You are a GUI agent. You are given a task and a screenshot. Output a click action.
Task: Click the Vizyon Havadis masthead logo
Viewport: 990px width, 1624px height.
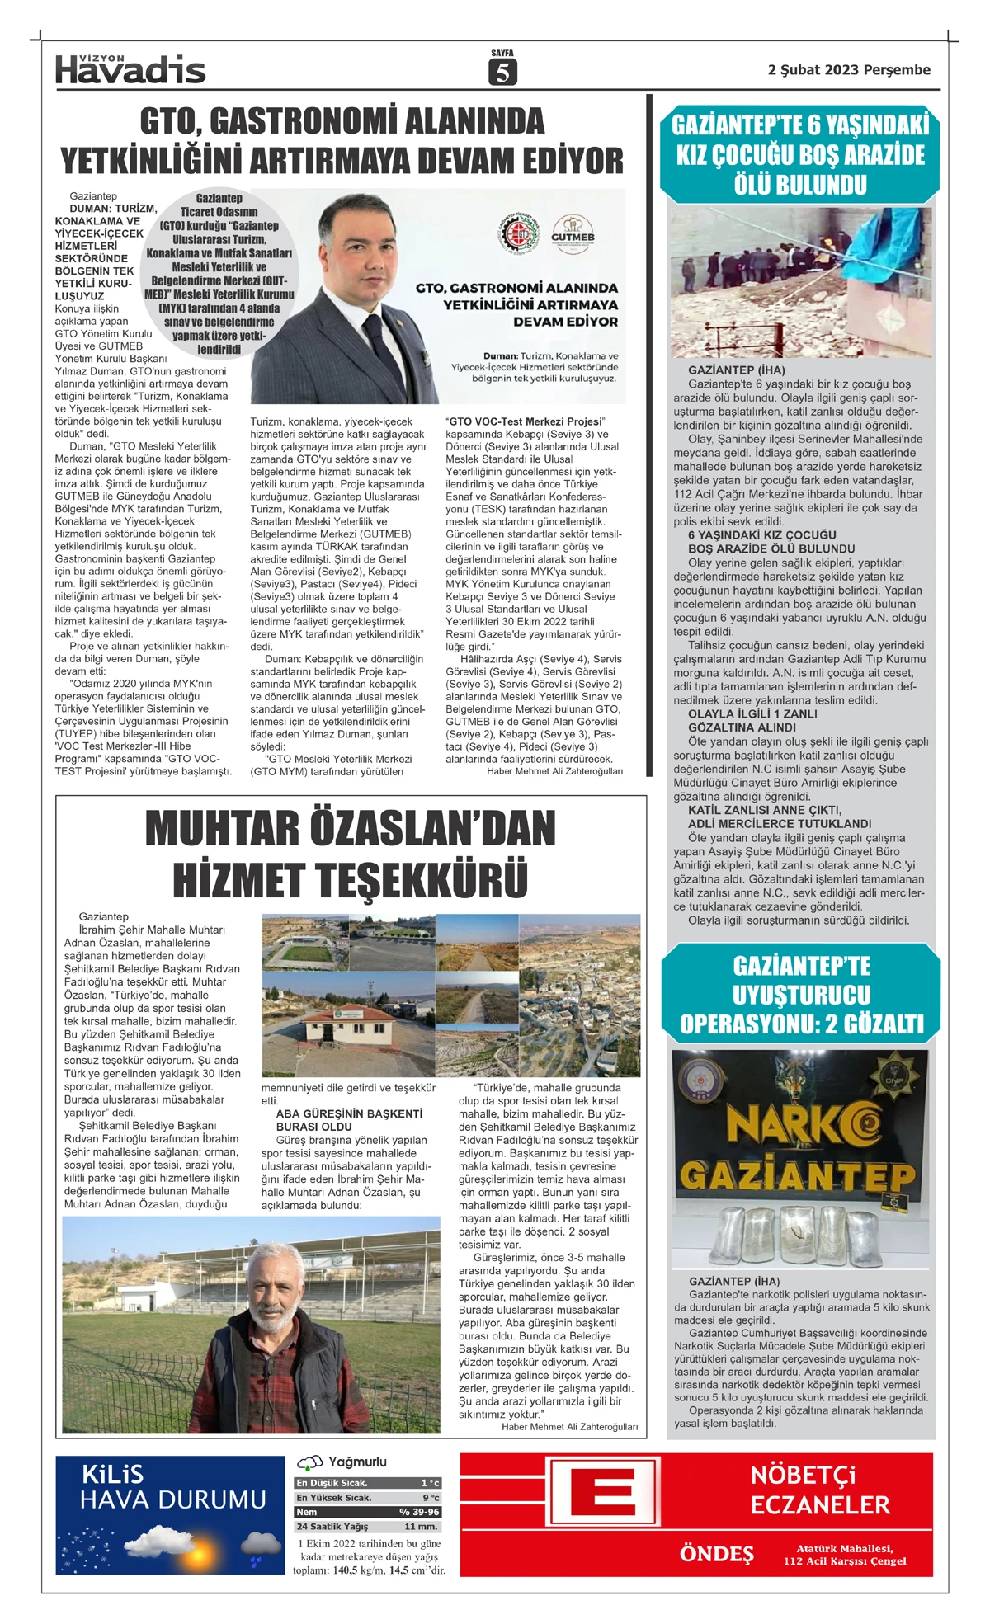pos(130,70)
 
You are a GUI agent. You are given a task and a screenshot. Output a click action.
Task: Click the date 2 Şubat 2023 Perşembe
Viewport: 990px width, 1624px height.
pos(849,70)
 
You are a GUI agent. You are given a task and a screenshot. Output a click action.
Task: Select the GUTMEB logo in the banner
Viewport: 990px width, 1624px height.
pos(573,230)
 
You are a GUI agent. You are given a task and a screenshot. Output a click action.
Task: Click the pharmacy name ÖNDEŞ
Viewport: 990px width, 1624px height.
pos(716,1554)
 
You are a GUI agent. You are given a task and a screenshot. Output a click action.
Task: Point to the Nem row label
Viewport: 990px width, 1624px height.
pos(307,1512)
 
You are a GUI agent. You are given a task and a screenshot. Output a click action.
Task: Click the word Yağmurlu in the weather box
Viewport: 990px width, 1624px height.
pos(357,1462)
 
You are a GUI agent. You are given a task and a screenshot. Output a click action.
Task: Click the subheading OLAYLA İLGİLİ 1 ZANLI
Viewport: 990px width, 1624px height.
pos(752,714)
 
